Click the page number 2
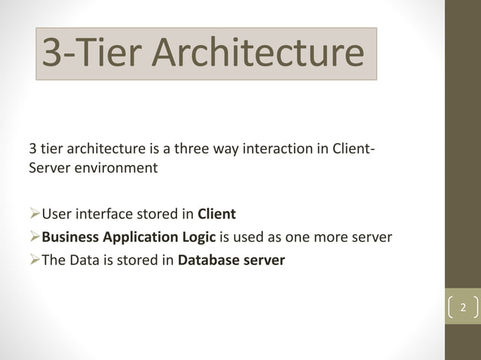[464, 308]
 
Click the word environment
[115, 167]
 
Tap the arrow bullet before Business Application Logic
[35, 239]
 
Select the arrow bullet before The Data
[35, 263]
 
